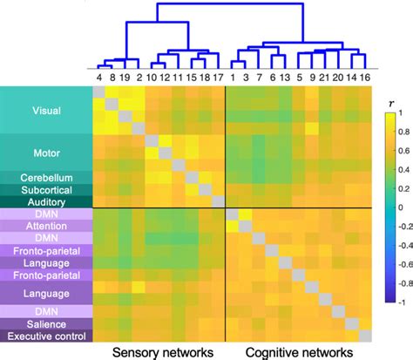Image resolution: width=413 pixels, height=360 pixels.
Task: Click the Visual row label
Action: pos(46,112)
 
